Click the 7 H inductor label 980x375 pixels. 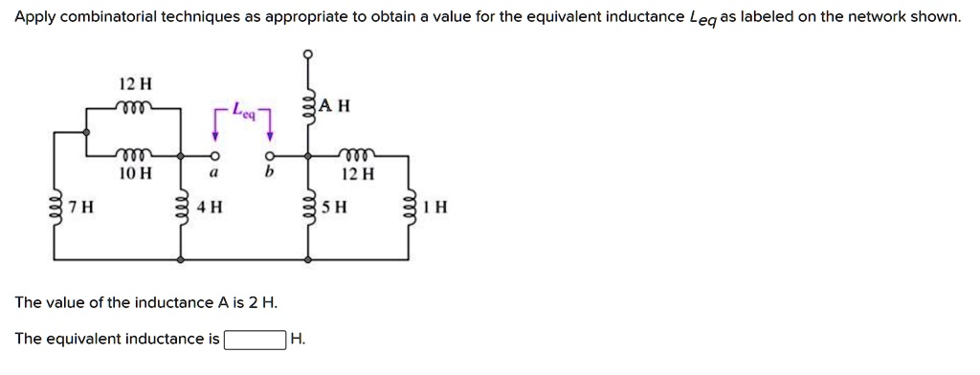80,207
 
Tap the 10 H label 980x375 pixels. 135,174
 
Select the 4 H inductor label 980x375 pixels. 209,207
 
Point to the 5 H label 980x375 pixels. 334,207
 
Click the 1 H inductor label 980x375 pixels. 436,207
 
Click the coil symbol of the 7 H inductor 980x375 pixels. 55,207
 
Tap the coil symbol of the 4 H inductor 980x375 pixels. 181,207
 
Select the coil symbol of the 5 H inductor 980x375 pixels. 308,207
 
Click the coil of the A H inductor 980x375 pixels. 308,105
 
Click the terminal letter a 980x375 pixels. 214,175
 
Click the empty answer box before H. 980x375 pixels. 255,340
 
